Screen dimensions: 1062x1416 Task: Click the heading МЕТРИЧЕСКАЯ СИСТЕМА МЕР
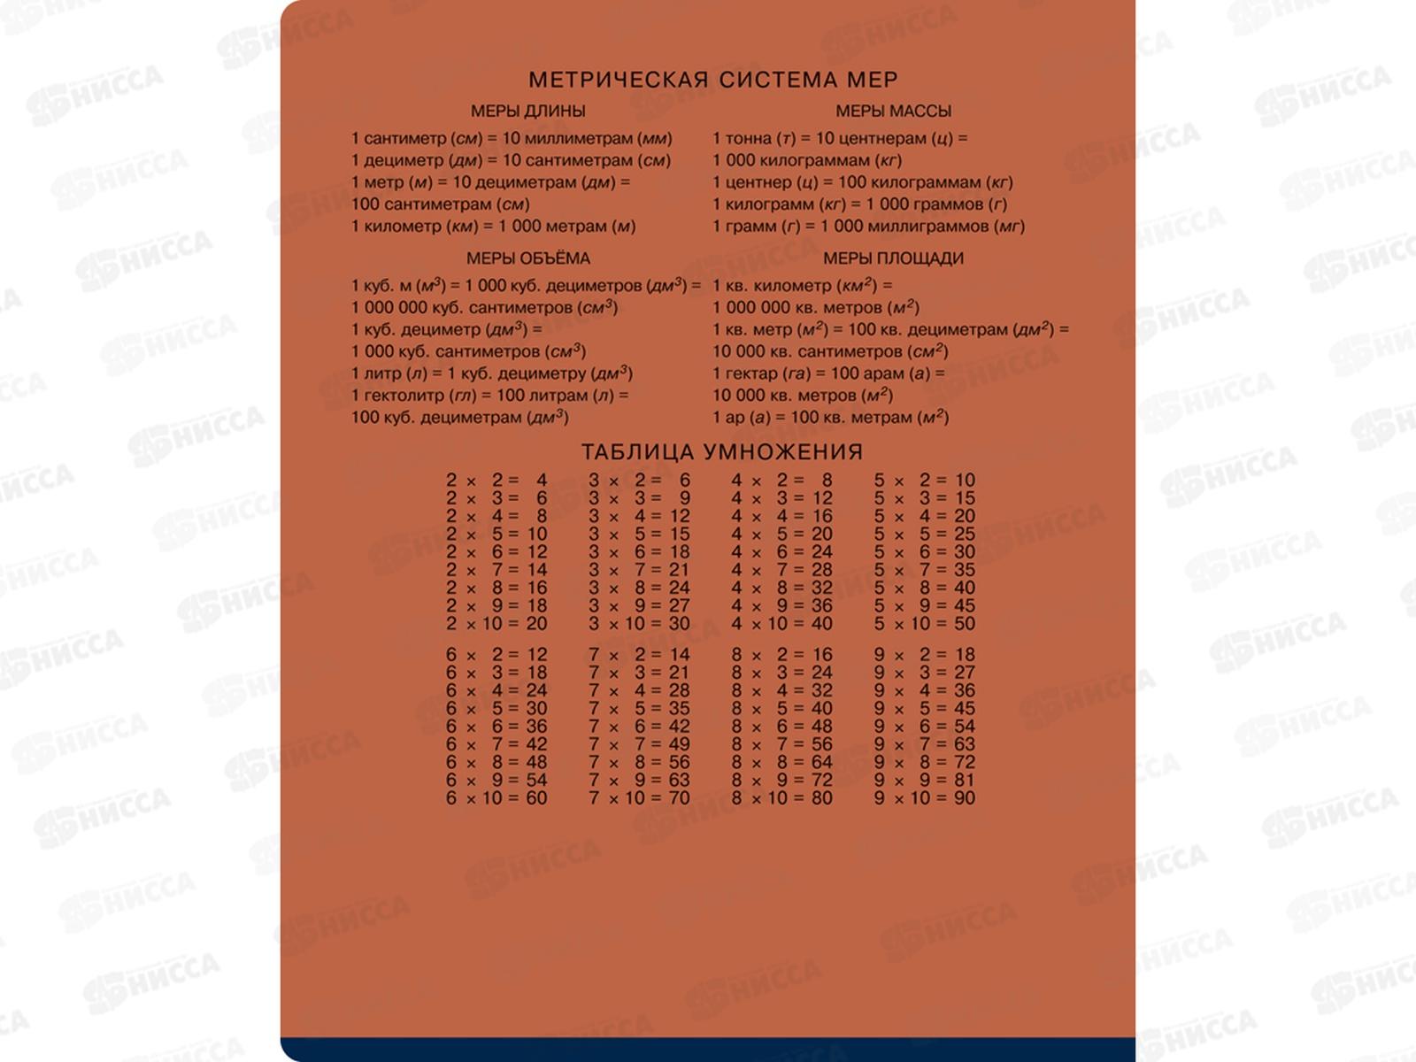pos(712,80)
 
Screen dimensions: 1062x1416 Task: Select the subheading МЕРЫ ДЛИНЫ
pos(527,112)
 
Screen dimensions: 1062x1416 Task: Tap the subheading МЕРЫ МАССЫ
pos(893,112)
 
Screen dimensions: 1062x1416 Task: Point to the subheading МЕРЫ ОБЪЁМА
pos(527,258)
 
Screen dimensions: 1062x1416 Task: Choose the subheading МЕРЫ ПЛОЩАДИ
pos(893,258)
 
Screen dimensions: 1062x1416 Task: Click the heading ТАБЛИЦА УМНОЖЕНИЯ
pos(721,451)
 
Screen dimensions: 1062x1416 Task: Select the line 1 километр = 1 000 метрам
pos(493,227)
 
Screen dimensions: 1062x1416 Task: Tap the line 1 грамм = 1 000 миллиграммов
pos(868,227)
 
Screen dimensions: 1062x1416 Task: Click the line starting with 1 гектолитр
pos(489,396)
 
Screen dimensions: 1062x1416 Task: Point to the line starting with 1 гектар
pos(828,373)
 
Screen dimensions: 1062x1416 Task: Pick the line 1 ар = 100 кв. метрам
pos(830,417)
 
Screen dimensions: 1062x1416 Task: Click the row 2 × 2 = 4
pos(496,481)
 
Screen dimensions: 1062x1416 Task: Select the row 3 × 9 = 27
pos(639,606)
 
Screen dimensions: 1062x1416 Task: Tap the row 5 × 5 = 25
pos(924,535)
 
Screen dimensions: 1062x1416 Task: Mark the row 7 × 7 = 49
pos(639,744)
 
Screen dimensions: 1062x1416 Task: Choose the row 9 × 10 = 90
pos(924,798)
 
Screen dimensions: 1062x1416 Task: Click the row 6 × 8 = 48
pos(496,762)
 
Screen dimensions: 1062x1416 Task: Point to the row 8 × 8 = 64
pos(781,762)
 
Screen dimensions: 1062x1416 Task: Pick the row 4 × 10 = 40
pos(781,624)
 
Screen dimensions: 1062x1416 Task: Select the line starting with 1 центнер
pos(862,182)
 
